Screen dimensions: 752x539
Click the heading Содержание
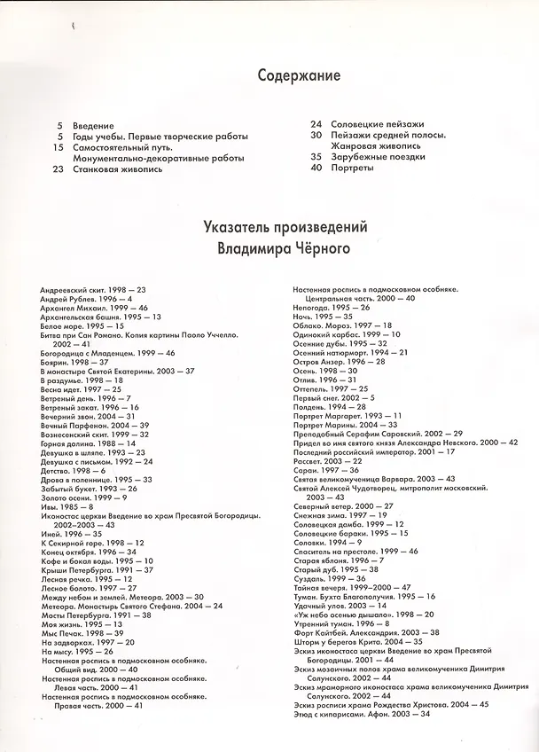pos(300,76)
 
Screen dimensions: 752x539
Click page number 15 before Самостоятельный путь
pos(57,146)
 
